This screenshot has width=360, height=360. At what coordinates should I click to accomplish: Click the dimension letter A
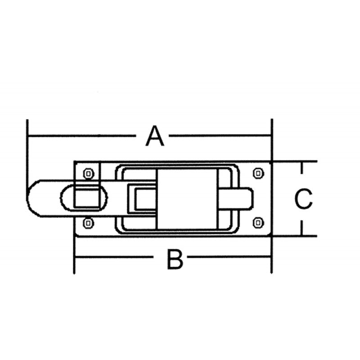(x=155, y=136)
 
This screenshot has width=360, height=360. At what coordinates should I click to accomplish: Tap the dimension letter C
(x=303, y=199)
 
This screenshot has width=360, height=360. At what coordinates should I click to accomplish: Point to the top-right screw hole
(x=258, y=172)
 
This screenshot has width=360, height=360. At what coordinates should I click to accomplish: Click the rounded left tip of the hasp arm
(x=31, y=198)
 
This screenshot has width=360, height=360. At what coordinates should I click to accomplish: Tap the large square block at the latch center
(x=188, y=198)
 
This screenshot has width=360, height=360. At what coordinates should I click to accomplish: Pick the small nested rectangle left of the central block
(x=143, y=198)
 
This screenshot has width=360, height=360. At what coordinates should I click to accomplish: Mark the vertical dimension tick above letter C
(x=302, y=173)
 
